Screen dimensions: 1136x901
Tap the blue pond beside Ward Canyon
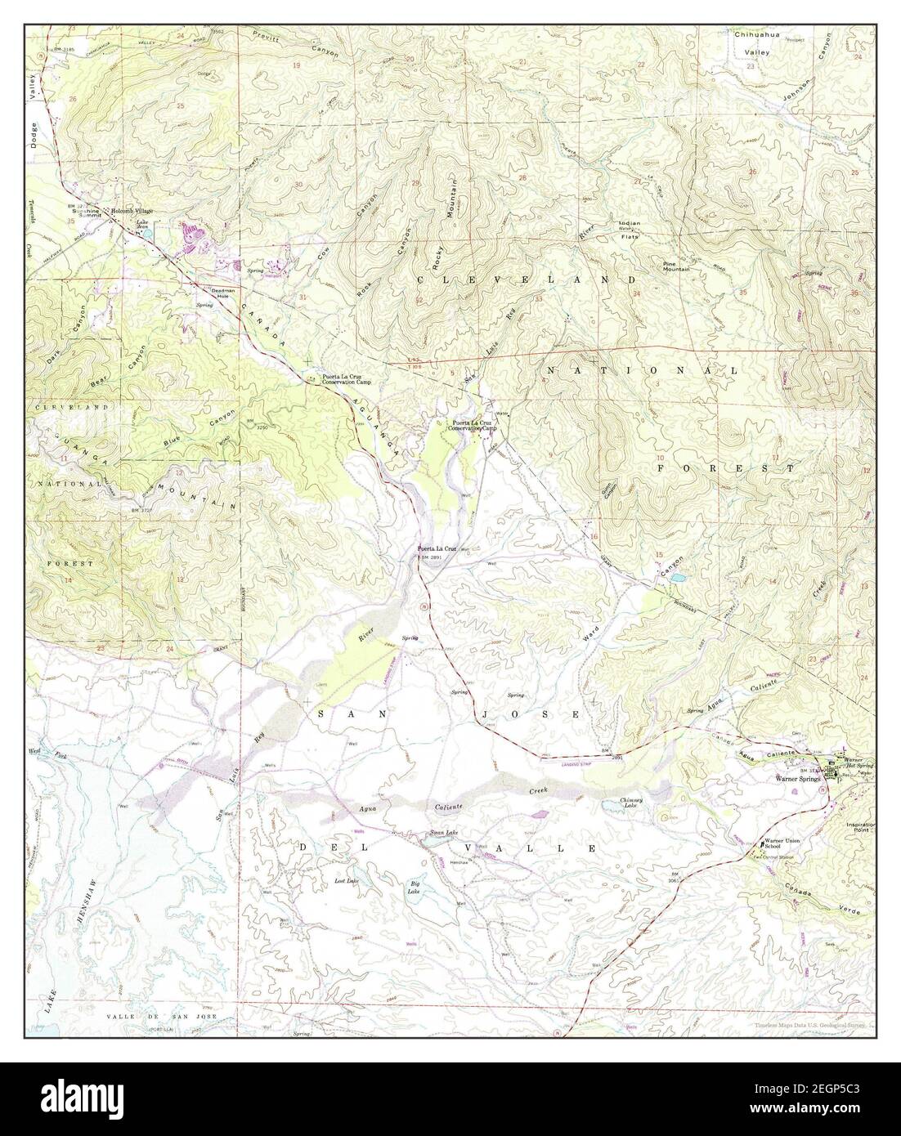[678, 577]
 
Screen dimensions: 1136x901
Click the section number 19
[296, 65]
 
